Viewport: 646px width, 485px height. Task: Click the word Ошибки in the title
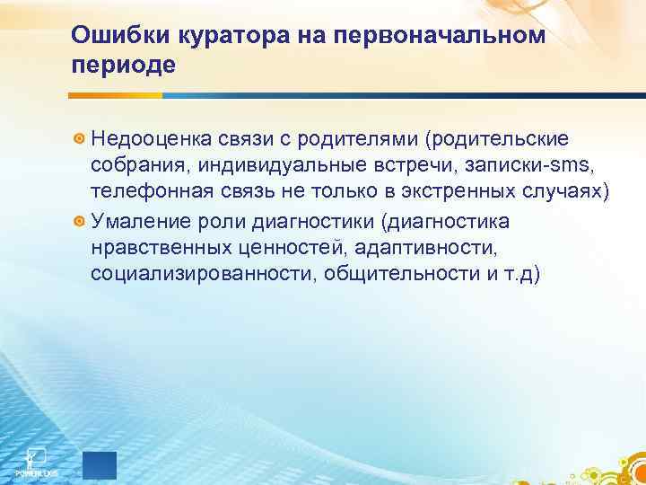click(x=114, y=34)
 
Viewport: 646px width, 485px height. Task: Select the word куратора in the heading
click(x=211, y=34)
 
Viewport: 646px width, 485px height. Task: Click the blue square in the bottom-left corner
click(x=100, y=464)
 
